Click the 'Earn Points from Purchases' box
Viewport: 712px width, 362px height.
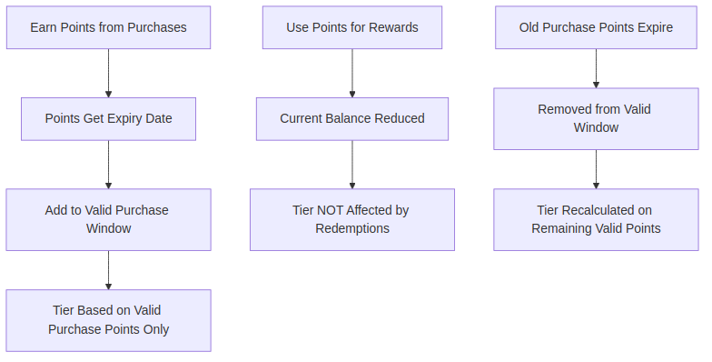click(108, 27)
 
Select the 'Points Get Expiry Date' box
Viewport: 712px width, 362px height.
click(108, 118)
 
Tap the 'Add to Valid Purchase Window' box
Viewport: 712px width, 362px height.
click(108, 219)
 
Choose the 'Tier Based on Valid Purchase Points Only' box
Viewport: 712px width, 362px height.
click(108, 320)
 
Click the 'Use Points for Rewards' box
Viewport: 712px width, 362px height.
click(352, 27)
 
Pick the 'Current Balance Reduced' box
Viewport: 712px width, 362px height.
click(352, 118)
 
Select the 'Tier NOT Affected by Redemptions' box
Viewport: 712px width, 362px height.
click(352, 219)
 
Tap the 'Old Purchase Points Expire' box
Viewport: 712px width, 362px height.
click(596, 27)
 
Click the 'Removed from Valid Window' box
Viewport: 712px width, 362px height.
click(596, 118)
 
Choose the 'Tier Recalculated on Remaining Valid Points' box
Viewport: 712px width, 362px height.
click(596, 219)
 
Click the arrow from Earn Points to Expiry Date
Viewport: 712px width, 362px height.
click(108, 73)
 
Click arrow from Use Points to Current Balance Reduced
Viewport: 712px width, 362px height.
click(352, 73)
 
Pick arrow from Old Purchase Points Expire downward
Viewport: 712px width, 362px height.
click(596, 68)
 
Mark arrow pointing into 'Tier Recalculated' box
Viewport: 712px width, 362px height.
click(596, 169)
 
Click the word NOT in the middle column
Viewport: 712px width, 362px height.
click(331, 210)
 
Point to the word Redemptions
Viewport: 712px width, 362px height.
click(352, 228)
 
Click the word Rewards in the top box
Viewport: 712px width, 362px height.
click(393, 27)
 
